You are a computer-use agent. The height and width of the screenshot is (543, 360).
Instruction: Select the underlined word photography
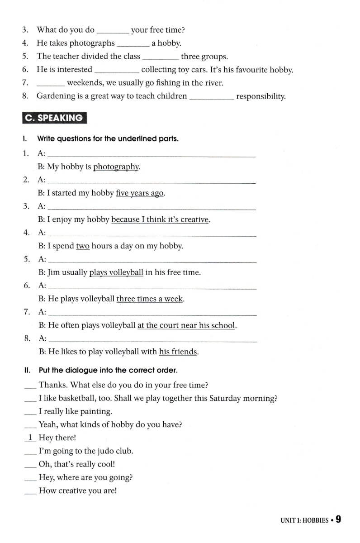pos(116,167)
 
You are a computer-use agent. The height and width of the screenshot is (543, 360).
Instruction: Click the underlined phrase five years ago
pos(140,193)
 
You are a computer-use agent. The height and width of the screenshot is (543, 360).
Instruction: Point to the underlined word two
pos(83,246)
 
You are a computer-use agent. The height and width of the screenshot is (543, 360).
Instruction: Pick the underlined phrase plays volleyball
pos(116,273)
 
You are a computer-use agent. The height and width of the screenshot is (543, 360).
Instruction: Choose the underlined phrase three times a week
pos(150,299)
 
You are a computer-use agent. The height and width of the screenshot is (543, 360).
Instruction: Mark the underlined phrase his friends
pos(178,352)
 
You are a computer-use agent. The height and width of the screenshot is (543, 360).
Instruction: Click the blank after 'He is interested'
pos(117,70)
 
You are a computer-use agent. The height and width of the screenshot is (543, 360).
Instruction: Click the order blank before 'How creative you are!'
pos(30,491)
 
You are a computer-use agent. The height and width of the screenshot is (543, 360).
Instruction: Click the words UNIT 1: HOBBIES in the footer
pos(304,521)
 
